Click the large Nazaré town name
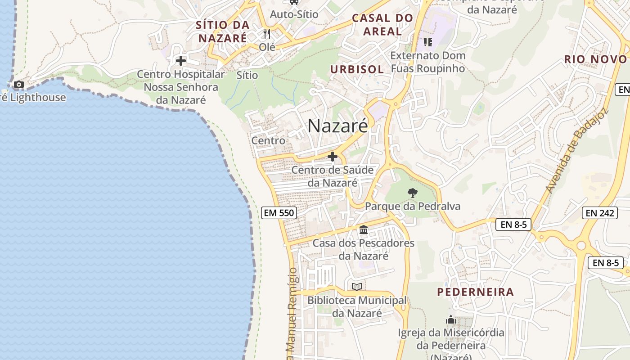click(337, 126)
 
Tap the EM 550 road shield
click(279, 213)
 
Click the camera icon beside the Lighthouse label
click(19, 84)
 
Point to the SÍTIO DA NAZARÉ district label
click(222, 31)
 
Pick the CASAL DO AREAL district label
click(382, 25)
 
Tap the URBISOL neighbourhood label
click(357, 69)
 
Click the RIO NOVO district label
click(595, 59)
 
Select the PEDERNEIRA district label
click(475, 292)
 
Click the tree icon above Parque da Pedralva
click(412, 193)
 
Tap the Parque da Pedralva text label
click(413, 207)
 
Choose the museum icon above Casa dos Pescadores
click(364, 230)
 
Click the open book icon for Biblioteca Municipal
click(357, 287)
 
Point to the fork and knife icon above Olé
click(267, 34)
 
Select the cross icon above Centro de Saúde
click(333, 157)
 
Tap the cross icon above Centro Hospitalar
click(181, 61)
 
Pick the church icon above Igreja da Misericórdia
click(450, 320)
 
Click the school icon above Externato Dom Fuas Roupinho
click(427, 42)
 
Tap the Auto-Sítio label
click(294, 14)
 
